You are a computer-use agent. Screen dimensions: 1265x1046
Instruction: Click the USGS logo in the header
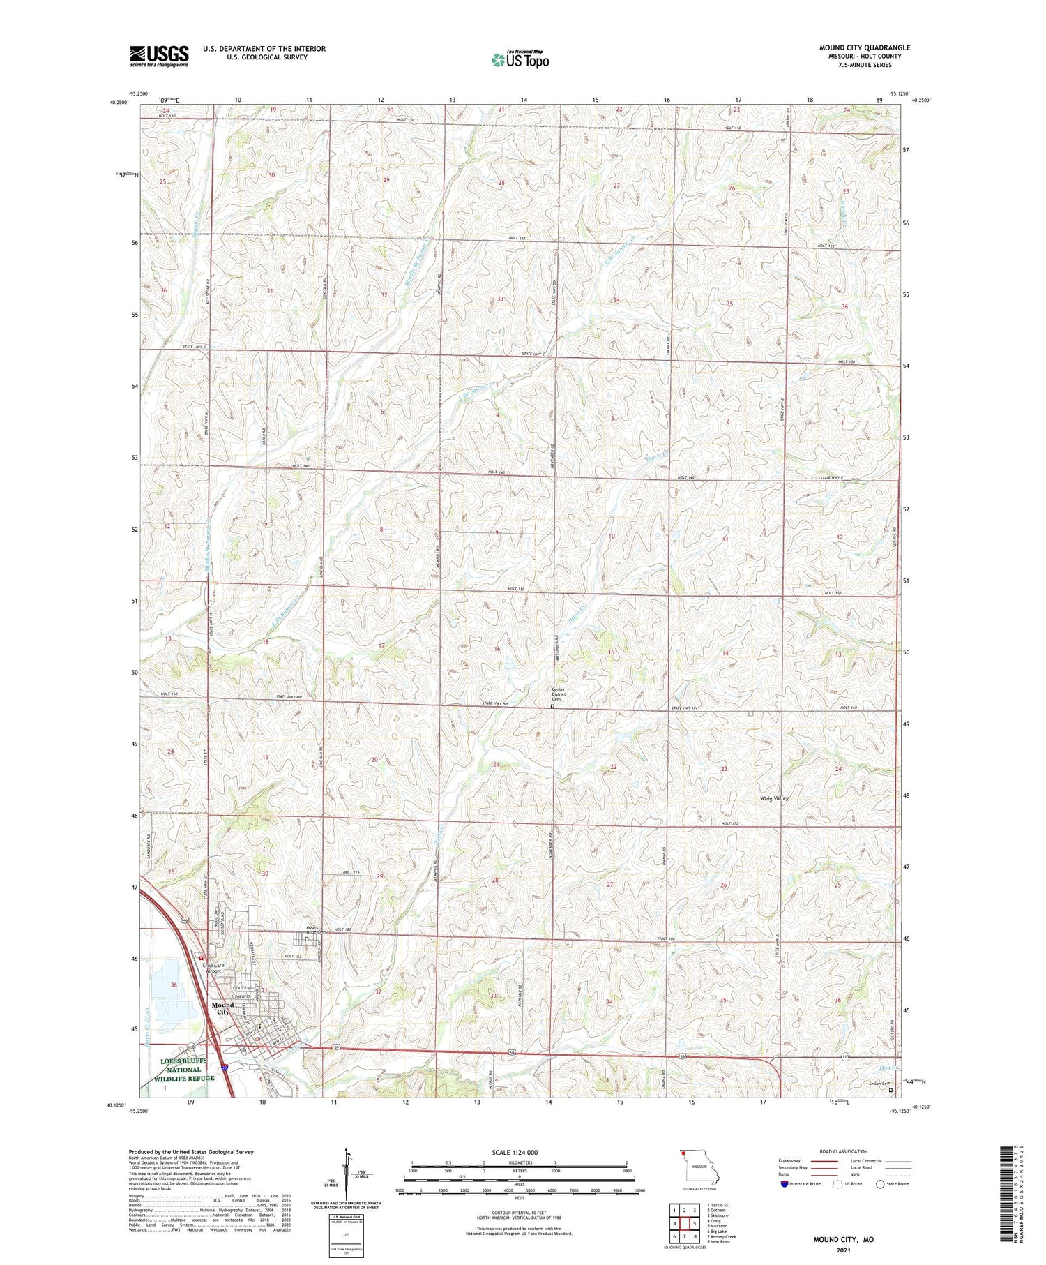coord(159,56)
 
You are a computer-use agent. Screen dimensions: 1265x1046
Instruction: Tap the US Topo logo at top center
coord(520,60)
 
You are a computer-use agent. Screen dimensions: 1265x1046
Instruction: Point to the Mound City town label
coord(222,1008)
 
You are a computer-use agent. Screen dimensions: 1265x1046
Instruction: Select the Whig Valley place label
coord(775,798)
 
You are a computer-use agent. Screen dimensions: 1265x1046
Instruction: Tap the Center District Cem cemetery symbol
coord(553,706)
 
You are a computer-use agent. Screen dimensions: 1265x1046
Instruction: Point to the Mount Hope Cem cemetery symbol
coord(306,939)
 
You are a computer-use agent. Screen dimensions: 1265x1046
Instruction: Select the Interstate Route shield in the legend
coord(784,1184)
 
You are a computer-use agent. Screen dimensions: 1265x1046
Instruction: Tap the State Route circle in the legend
coord(880,1184)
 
